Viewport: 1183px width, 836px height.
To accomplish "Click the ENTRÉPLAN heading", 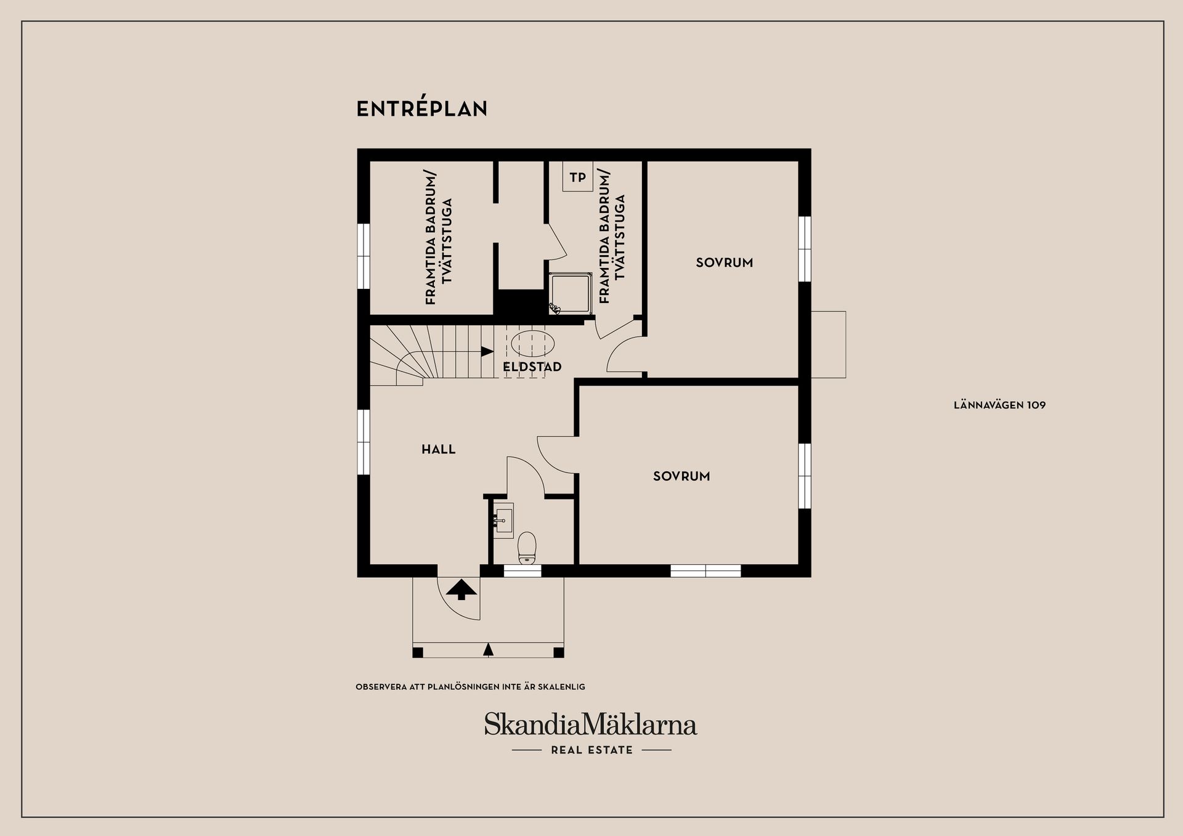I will click(422, 109).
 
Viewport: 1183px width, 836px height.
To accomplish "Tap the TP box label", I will click(577, 177).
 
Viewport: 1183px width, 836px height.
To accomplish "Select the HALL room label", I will click(438, 450).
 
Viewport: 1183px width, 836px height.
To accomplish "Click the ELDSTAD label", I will click(532, 367).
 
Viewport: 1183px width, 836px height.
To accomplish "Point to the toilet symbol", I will click(527, 547).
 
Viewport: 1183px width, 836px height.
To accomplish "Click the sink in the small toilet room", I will click(504, 519).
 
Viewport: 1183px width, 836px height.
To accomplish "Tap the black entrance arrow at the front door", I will click(461, 590).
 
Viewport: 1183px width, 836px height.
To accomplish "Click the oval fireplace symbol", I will click(533, 343).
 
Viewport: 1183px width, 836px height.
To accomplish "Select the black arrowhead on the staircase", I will click(487, 351).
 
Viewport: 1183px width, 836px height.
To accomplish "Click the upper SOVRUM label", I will click(724, 262).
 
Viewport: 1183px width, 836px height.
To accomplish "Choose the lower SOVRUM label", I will click(681, 476).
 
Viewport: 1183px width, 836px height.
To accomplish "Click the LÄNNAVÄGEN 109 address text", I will click(999, 405).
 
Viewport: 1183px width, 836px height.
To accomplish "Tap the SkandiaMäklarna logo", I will click(590, 724).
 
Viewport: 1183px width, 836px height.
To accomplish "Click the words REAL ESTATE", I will click(591, 750).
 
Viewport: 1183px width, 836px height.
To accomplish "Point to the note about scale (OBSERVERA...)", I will click(470, 686).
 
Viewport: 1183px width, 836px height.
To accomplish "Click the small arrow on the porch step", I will click(489, 649).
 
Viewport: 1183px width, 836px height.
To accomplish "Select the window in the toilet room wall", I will click(522, 571).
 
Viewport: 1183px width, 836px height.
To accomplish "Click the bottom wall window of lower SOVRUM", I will click(705, 571).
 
